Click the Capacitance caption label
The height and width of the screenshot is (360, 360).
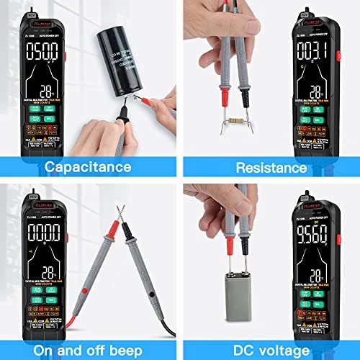[89, 167]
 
